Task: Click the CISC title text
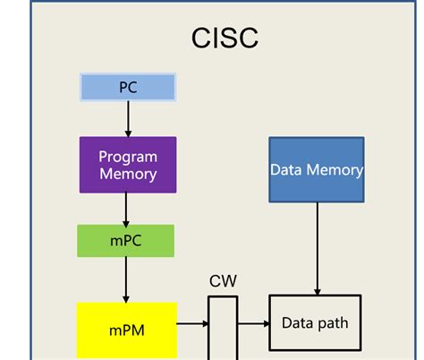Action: pos(225,38)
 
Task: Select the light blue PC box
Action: pos(127,87)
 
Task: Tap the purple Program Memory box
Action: pos(127,165)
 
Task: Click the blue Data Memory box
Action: pos(316,169)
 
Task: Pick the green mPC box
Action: pos(125,241)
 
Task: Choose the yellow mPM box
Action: pos(126,330)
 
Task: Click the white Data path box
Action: pos(316,323)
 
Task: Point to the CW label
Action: pos(223,281)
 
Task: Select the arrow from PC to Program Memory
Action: pos(127,118)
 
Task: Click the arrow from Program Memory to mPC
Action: pos(126,209)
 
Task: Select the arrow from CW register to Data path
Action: pos(252,323)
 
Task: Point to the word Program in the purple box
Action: pos(128,157)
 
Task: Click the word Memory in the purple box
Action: pos(128,175)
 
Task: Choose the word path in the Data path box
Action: pos(332,323)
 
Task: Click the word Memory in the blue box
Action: pos(333,169)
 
